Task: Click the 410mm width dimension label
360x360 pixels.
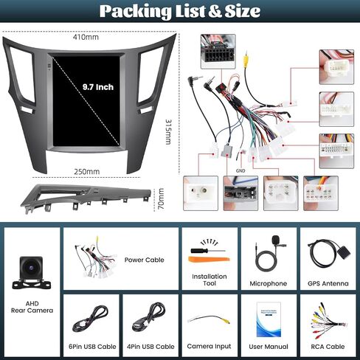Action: (x=86, y=37)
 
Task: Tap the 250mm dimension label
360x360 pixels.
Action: (x=87, y=171)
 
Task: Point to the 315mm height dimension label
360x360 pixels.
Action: (x=168, y=132)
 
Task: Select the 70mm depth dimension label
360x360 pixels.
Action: (x=161, y=198)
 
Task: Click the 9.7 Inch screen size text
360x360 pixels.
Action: (x=98, y=87)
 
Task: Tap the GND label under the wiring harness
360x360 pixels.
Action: (x=240, y=170)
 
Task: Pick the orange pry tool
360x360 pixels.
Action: (x=209, y=259)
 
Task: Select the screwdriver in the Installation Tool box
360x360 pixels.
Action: (x=208, y=251)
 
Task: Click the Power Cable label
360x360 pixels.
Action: (x=144, y=260)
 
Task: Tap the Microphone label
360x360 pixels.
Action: (x=269, y=283)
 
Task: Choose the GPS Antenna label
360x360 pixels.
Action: (x=328, y=283)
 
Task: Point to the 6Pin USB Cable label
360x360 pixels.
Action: (x=92, y=347)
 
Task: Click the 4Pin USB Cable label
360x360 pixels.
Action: (x=150, y=347)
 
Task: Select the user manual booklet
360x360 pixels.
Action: (x=269, y=319)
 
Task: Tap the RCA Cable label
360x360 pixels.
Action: (x=328, y=347)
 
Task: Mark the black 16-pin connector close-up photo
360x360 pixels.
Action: (x=218, y=52)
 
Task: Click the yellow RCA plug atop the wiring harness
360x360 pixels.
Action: (x=246, y=61)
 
